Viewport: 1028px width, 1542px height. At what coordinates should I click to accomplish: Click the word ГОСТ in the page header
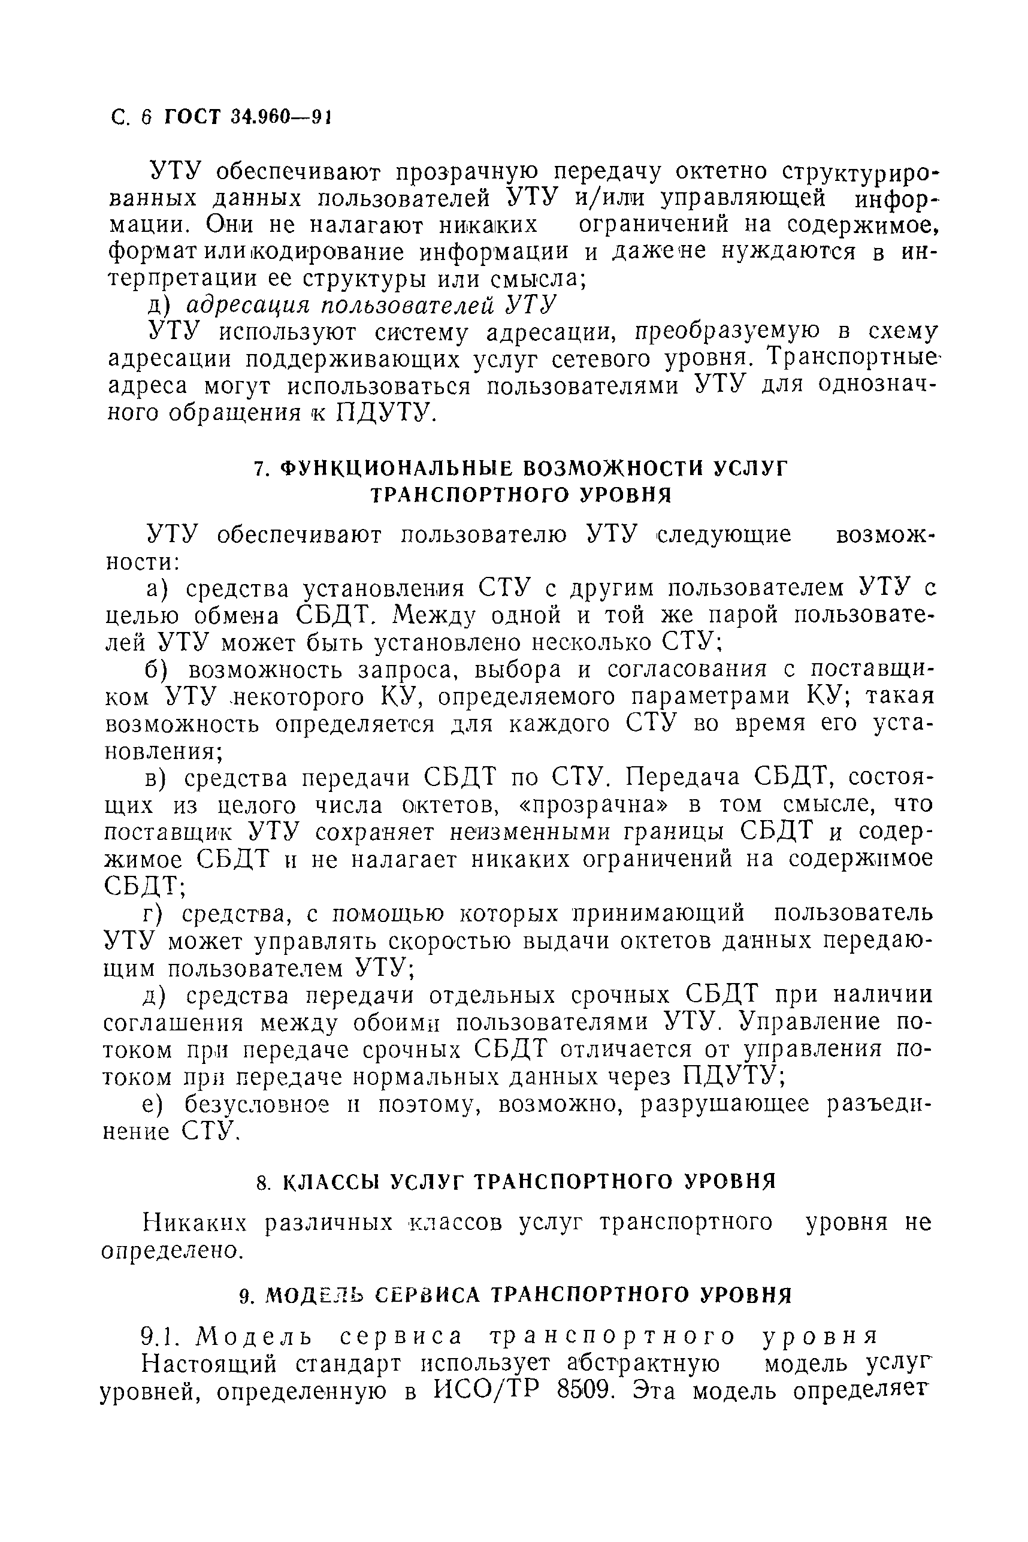click(x=192, y=117)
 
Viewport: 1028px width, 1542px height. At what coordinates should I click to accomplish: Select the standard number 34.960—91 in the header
click(x=279, y=117)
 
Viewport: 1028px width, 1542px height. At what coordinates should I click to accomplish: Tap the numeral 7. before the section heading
click(x=259, y=470)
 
